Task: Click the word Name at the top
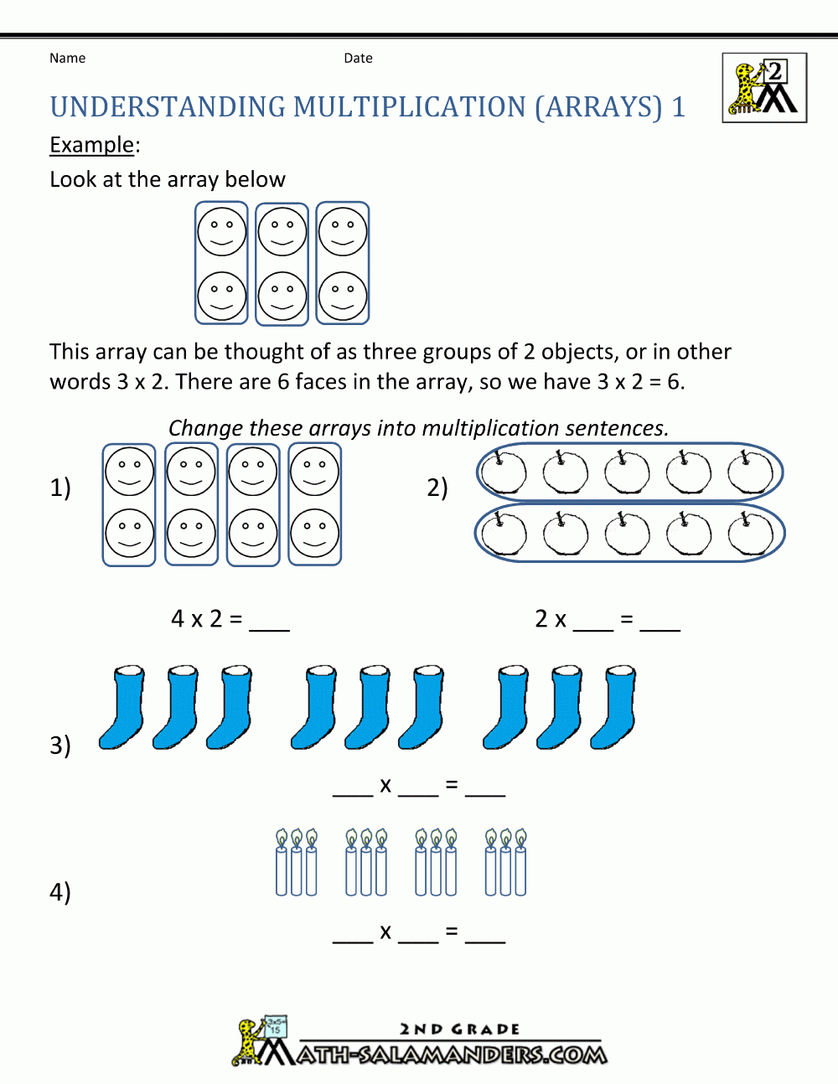pyautogui.click(x=67, y=58)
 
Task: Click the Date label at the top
pyautogui.click(x=358, y=58)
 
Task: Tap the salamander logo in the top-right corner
pyautogui.click(x=764, y=88)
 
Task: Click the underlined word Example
pyautogui.click(x=91, y=145)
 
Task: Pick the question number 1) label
pyautogui.click(x=60, y=488)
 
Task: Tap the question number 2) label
pyautogui.click(x=437, y=488)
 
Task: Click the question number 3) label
pyautogui.click(x=60, y=745)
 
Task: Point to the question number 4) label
pyautogui.click(x=60, y=891)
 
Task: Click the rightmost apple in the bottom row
pyautogui.click(x=750, y=534)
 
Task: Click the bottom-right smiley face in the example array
pyautogui.click(x=343, y=296)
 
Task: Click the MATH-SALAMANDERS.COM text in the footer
pyautogui.click(x=453, y=1054)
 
